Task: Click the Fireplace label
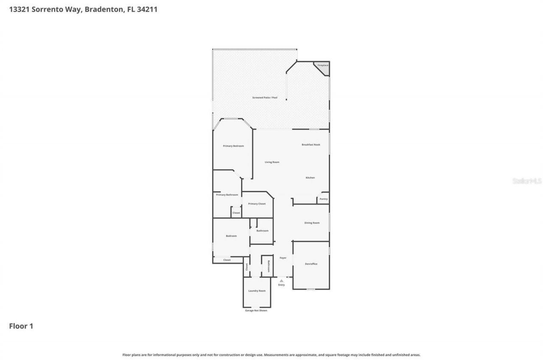pyautogui.click(x=323, y=65)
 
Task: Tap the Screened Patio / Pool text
pyautogui.click(x=265, y=98)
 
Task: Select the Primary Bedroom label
pyautogui.click(x=233, y=146)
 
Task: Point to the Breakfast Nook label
pyautogui.click(x=311, y=145)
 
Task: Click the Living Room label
pyautogui.click(x=272, y=162)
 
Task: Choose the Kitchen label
pyautogui.click(x=310, y=178)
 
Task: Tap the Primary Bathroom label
pyautogui.click(x=227, y=195)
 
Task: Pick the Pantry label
pyautogui.click(x=323, y=199)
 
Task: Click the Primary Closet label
pyautogui.click(x=257, y=204)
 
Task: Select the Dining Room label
pyautogui.click(x=312, y=223)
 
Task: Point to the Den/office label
pyautogui.click(x=311, y=264)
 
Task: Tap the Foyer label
pyautogui.click(x=283, y=258)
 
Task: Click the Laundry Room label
pyautogui.click(x=257, y=291)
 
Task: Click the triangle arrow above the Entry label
pyautogui.click(x=281, y=281)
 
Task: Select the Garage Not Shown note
pyautogui.click(x=256, y=310)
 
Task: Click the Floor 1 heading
pyautogui.click(x=21, y=326)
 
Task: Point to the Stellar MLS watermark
pyautogui.click(x=527, y=181)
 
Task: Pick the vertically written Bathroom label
pyautogui.click(x=268, y=267)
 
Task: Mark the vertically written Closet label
pyautogui.click(x=246, y=267)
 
